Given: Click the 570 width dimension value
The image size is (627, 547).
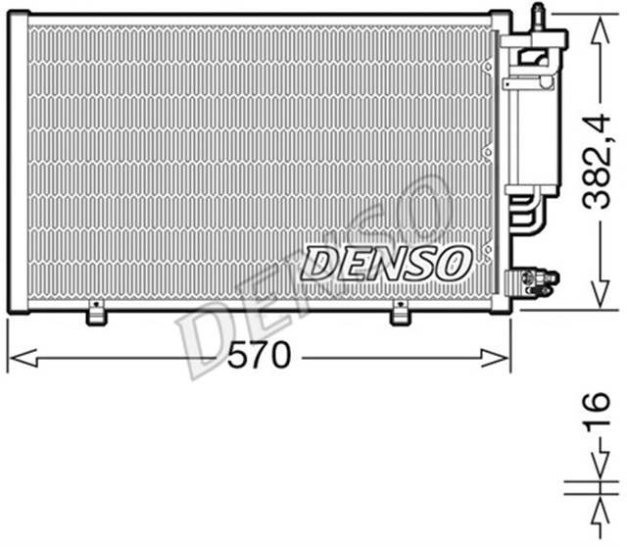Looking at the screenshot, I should pos(260,357).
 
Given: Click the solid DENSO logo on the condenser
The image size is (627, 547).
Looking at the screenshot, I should pos(386,261).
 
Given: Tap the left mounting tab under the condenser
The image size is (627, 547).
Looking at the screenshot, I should pos(95,316).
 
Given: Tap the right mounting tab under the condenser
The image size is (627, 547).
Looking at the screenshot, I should pos(401,316).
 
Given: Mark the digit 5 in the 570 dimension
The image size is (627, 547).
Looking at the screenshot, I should pos(239,357).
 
